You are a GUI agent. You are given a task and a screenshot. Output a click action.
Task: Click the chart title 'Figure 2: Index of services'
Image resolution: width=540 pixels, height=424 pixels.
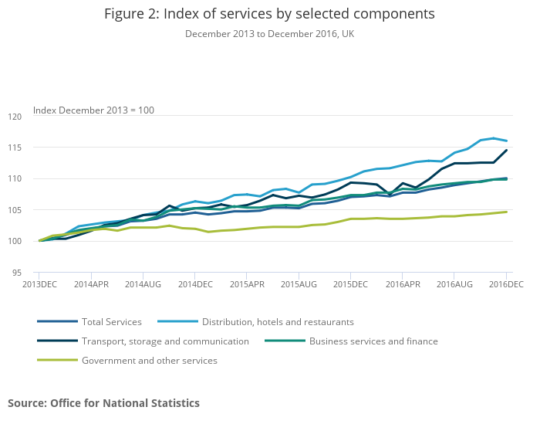point(269,15)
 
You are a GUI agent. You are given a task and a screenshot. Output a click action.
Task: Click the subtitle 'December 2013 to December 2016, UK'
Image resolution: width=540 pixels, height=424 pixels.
point(269,34)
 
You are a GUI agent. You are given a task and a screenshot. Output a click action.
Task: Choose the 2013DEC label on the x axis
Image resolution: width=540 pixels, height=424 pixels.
point(40,285)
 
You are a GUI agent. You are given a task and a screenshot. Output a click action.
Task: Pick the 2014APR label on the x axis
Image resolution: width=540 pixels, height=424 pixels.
point(92,285)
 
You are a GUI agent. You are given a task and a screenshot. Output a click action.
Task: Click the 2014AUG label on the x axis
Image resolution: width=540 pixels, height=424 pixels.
point(143,285)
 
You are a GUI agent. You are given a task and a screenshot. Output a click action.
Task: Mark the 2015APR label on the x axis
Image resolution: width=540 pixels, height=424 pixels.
point(247,285)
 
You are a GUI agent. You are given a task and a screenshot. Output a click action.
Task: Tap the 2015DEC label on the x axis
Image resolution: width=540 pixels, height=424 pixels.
point(350,285)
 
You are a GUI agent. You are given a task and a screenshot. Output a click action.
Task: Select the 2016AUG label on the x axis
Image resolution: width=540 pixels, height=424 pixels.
point(454,285)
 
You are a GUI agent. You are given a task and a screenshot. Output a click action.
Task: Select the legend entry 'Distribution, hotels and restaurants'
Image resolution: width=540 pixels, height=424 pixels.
point(278,321)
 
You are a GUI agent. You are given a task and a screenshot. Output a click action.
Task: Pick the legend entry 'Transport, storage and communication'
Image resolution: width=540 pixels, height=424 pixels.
point(165,341)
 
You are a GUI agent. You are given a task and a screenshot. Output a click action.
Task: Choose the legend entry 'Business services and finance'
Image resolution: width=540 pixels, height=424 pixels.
point(373,341)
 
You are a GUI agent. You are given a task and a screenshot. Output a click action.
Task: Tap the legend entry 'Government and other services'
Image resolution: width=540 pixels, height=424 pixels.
point(150,360)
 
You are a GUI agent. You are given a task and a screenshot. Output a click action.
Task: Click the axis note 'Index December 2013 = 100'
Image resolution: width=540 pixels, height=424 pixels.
point(93,110)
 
